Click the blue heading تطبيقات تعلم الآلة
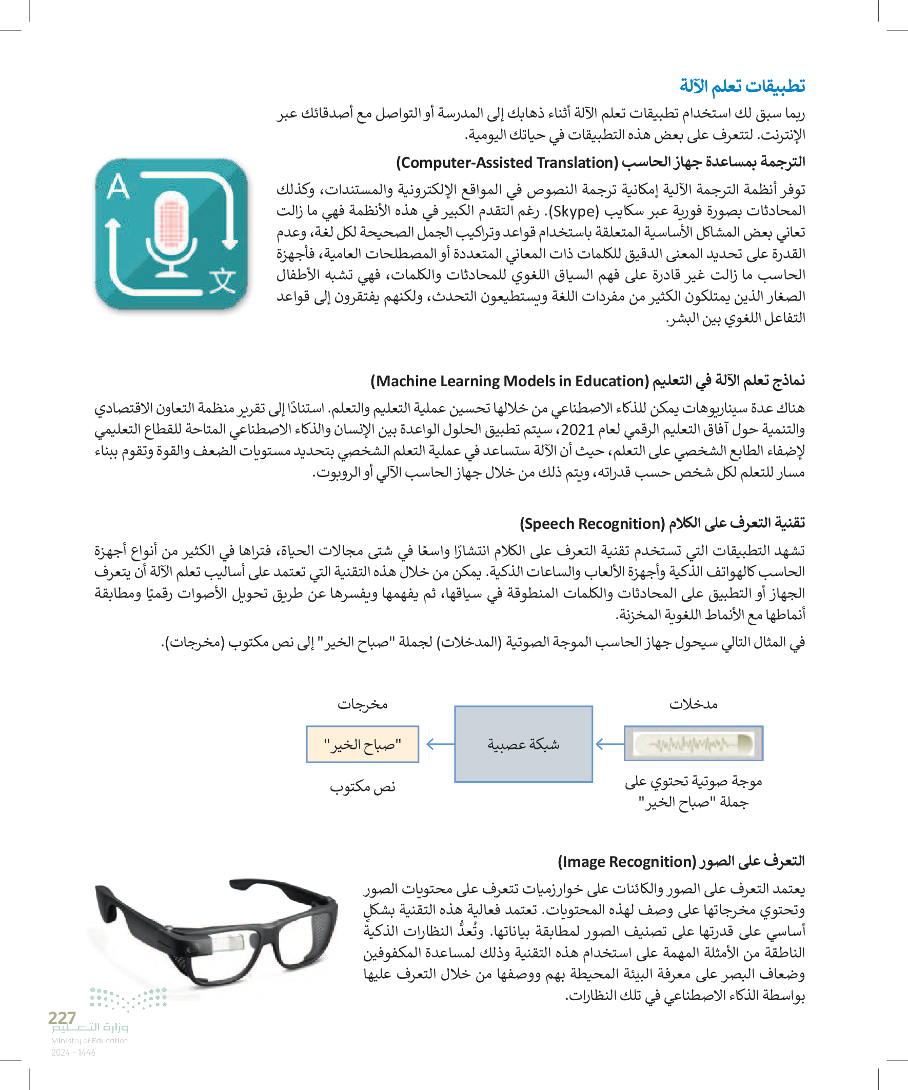pos(742,86)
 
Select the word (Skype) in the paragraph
pos(573,212)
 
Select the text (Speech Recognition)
pos(592,524)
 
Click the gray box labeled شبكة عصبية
pos(523,744)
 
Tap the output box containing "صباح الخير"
pos(362,744)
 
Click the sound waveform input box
pos(693,743)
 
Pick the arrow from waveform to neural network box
pos(608,744)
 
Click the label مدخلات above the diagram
pos(693,704)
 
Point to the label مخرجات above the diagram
pos(362,704)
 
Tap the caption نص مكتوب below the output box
pos(362,787)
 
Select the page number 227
pos(62,1018)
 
